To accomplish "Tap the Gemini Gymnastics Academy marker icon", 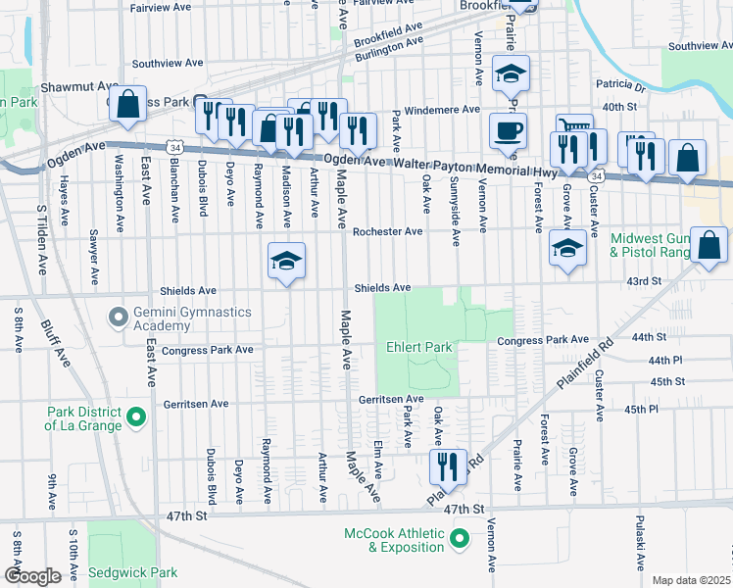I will point(119,317).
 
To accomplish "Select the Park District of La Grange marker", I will point(136,418).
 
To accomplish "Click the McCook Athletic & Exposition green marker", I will point(458,538).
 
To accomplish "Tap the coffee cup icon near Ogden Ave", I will point(507,130).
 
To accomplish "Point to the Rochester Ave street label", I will point(387,231).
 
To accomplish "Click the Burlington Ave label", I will point(389,50).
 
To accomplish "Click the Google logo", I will point(31,575).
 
